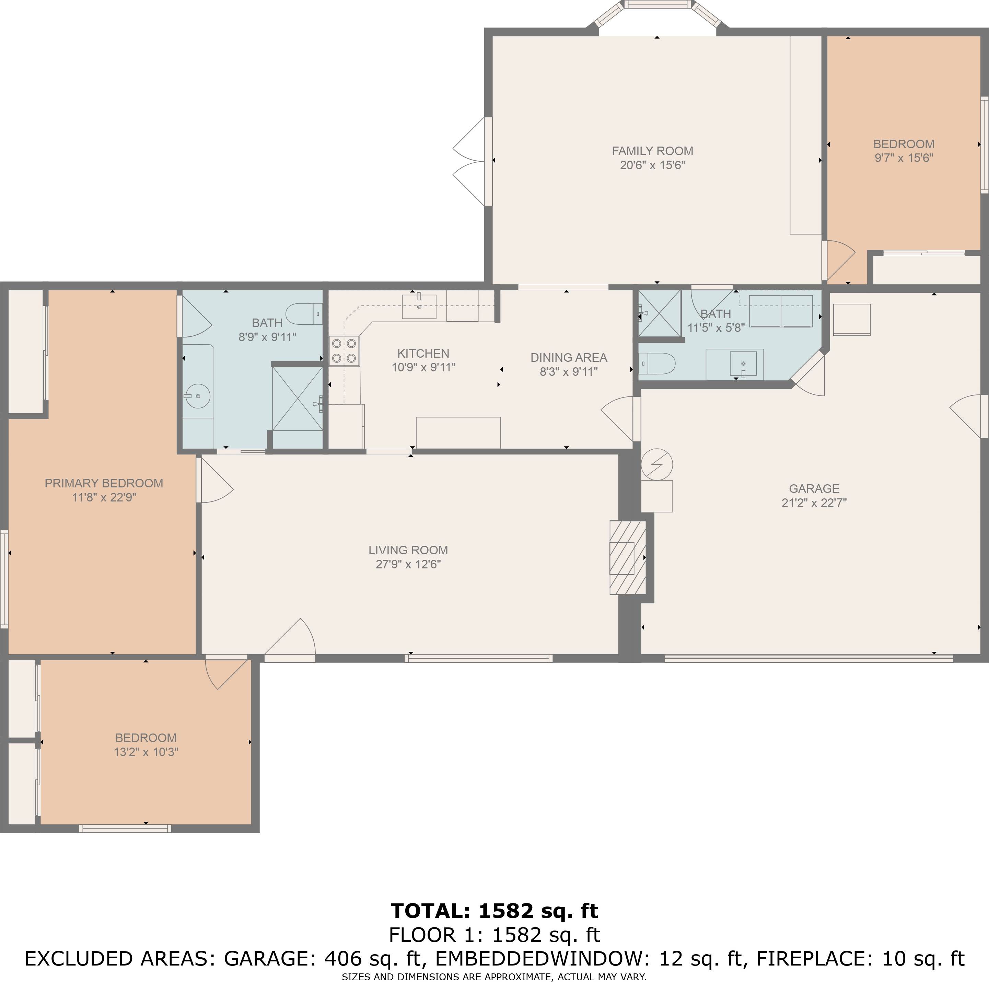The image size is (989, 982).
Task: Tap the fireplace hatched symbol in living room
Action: [628, 557]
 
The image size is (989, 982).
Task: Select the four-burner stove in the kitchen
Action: [344, 351]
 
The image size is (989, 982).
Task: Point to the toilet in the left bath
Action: [303, 313]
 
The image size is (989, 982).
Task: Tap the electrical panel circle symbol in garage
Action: [657, 464]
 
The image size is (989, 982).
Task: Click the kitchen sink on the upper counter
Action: [419, 306]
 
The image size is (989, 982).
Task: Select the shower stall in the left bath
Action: [297, 398]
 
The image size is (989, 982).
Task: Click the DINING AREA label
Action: [568, 357]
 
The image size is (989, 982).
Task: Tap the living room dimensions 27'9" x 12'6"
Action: [408, 564]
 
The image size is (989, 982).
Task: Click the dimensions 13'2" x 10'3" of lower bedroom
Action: [146, 752]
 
